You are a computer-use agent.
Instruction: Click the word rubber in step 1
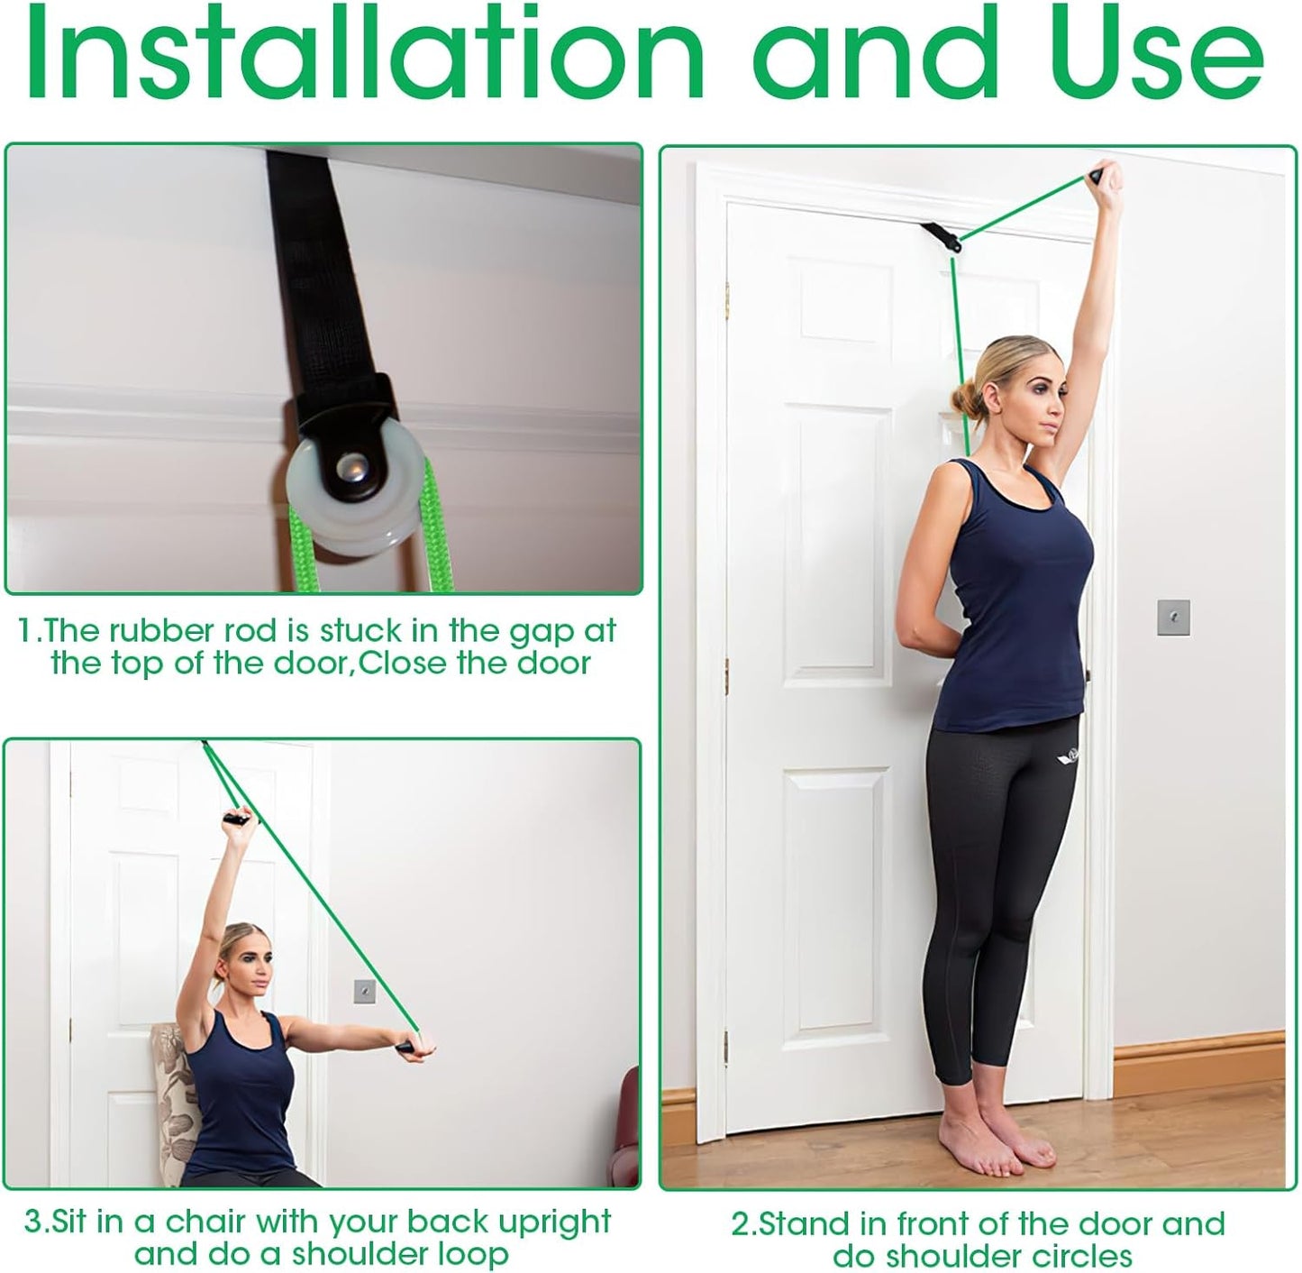click(x=158, y=630)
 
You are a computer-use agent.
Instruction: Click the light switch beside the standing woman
click(x=1173, y=616)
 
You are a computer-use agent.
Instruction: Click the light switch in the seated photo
click(x=364, y=990)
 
